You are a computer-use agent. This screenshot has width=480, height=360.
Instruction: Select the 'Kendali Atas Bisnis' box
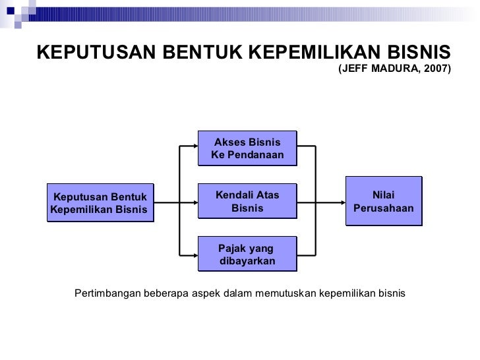pyautogui.click(x=247, y=201)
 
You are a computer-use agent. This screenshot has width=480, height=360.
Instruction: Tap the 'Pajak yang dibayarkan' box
pyautogui.click(x=247, y=255)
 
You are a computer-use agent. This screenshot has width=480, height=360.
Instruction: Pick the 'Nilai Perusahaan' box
pyautogui.click(x=383, y=201)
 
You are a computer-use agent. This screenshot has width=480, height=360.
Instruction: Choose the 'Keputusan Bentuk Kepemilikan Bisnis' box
pyautogui.click(x=100, y=202)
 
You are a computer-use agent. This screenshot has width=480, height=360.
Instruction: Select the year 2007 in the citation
pyautogui.click(x=436, y=69)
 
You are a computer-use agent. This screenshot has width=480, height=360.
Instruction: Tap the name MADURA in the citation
pyautogui.click(x=396, y=69)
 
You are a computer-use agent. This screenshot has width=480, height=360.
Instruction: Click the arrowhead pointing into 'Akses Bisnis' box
pyautogui.click(x=194, y=145)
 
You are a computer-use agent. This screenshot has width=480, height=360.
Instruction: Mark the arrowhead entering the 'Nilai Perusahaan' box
pyautogui.click(x=342, y=201)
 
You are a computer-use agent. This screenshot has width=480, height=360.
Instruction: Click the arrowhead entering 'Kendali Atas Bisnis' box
pyautogui.click(x=194, y=201)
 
